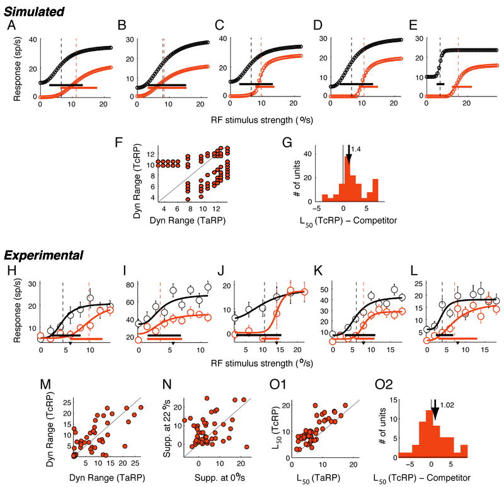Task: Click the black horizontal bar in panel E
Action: coord(440,83)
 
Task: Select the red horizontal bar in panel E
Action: coord(462,87)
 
